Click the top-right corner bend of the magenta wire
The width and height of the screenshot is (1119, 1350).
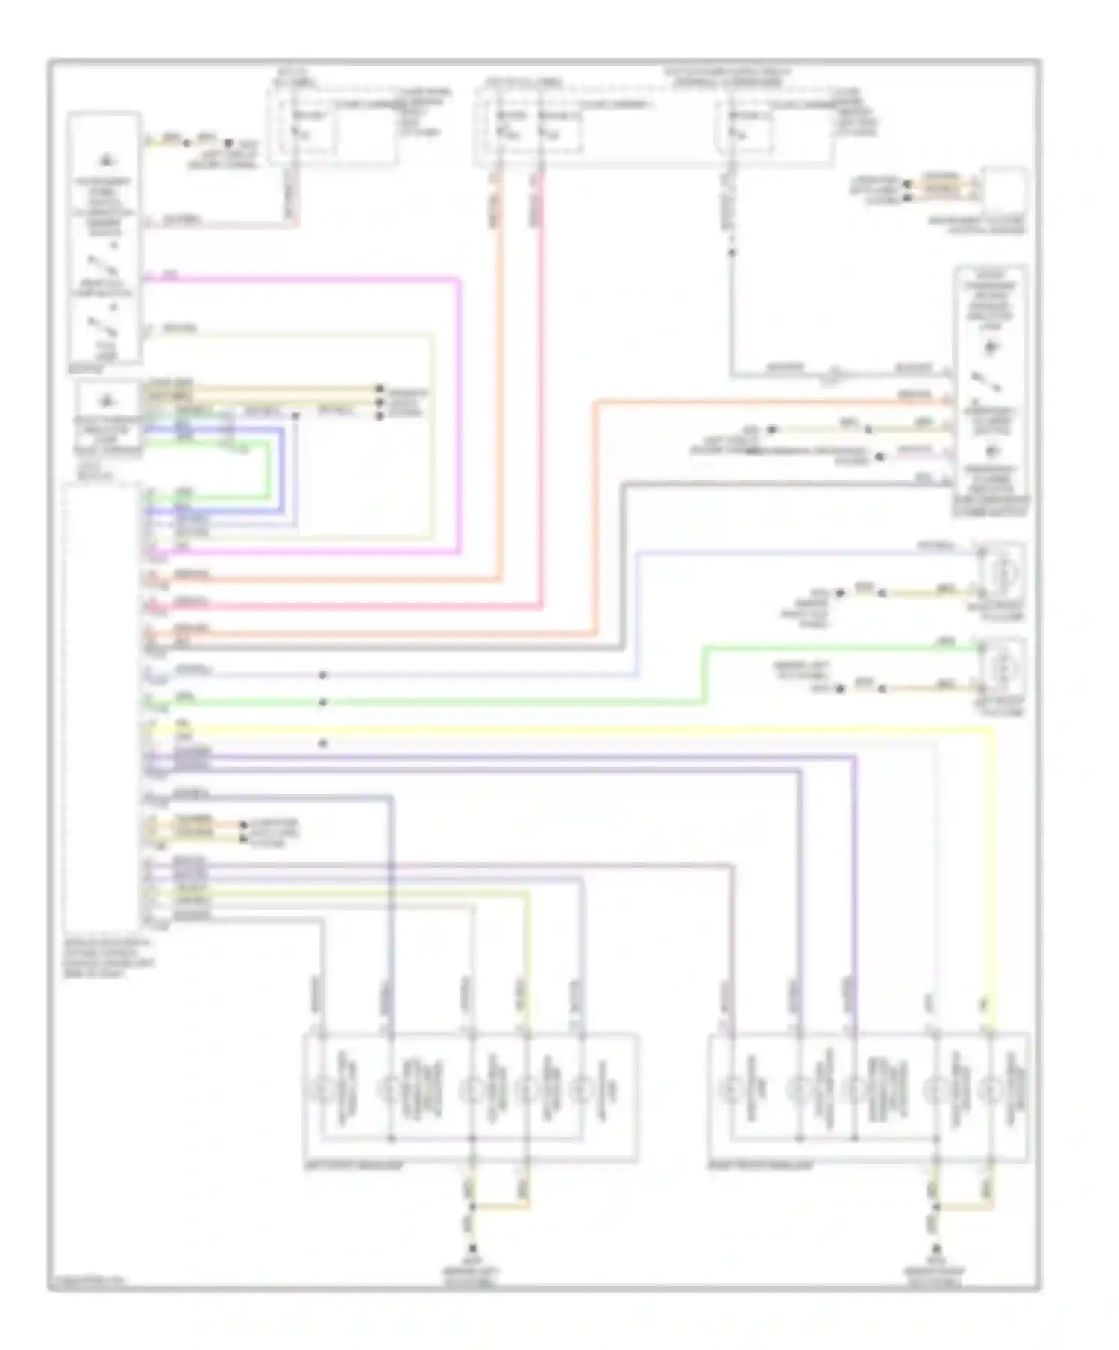(459, 280)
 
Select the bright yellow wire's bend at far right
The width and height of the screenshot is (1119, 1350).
(992, 732)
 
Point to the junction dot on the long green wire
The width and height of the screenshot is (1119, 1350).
(323, 703)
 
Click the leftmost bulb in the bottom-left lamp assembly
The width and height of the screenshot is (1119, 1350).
(322, 1091)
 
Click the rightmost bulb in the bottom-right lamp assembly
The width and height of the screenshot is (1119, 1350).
(991, 1091)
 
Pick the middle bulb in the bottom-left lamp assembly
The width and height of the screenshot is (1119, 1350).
(471, 1091)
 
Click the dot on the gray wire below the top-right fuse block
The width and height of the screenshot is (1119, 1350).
(732, 253)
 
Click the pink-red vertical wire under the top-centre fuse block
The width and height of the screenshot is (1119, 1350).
(542, 388)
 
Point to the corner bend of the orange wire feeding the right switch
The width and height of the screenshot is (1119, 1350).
(596, 404)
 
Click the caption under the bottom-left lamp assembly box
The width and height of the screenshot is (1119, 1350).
(354, 1166)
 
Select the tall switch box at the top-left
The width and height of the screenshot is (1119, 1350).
(104, 237)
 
